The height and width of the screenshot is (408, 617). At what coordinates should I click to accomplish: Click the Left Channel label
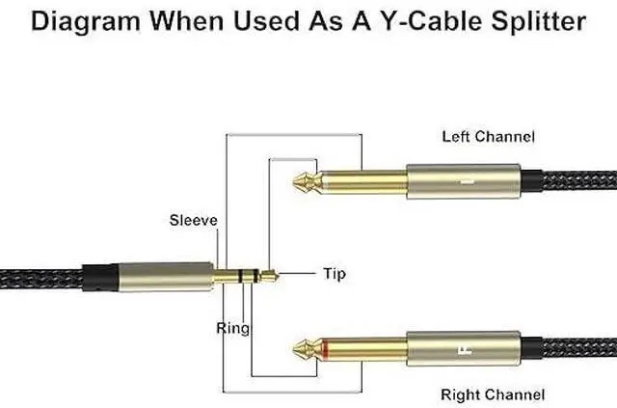click(488, 136)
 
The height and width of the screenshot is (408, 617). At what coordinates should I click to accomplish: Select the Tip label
click(331, 275)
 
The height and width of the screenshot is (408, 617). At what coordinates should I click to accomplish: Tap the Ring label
click(232, 329)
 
